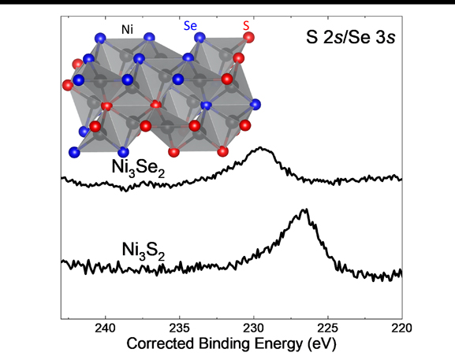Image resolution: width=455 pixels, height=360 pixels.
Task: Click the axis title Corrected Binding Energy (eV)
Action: tap(231, 345)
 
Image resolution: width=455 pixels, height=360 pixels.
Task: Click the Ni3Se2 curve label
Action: tap(139, 168)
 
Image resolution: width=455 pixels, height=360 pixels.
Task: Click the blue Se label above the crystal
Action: tap(191, 26)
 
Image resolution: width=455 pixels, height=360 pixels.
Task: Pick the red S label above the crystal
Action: tap(246, 26)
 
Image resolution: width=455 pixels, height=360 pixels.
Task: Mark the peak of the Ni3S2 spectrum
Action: tap(305, 210)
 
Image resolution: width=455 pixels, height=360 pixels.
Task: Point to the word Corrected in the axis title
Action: tap(167, 345)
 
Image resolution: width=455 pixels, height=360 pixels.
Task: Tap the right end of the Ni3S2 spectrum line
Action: tap(401, 273)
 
